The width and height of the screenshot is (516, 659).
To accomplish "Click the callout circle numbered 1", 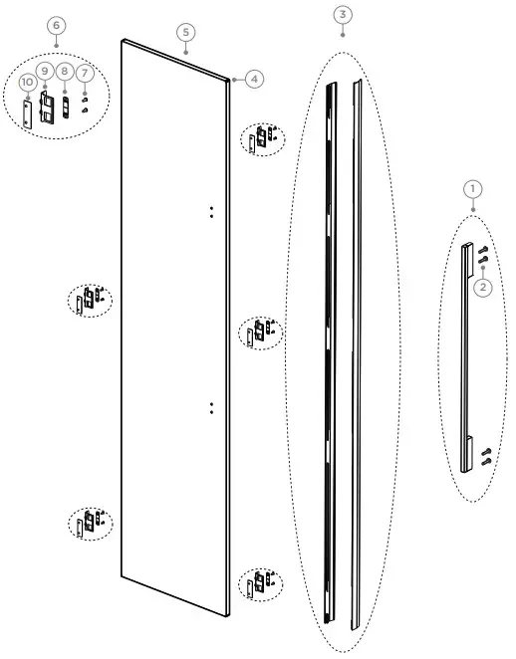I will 473,187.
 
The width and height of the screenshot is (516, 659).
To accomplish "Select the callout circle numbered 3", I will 343,14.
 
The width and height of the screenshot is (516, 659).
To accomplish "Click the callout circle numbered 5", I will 186,32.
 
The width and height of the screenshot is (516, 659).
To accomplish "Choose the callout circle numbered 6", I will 57,24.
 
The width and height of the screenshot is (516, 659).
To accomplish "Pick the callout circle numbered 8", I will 65,72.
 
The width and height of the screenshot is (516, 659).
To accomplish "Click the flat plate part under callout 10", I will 28,110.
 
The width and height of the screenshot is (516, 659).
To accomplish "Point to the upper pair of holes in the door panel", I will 212,211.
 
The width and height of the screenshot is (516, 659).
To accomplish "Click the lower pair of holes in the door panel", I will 212,406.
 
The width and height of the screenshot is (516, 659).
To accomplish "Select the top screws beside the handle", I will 484,255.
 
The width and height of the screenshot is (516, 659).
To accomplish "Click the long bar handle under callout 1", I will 467,353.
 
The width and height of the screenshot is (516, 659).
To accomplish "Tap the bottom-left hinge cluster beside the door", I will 90,522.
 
